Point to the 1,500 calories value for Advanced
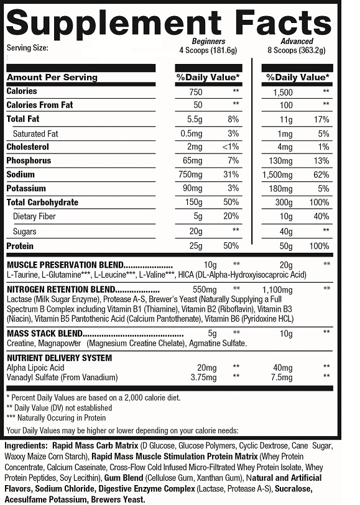pyautogui.click(x=284, y=91)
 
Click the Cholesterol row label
pyautogui.click(x=29, y=147)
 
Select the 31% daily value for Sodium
pyautogui.click(x=233, y=175)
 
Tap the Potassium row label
pyautogui.click(x=26, y=188)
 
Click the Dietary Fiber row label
pyautogui.click(x=34, y=216)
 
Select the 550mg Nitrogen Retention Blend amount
pyautogui.click(x=203, y=289)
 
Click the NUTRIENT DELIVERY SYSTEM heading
pyautogui.click(x=59, y=358)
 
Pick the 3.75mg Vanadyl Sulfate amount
pyautogui.click(x=203, y=377)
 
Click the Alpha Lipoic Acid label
pyautogui.click(x=36, y=367)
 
